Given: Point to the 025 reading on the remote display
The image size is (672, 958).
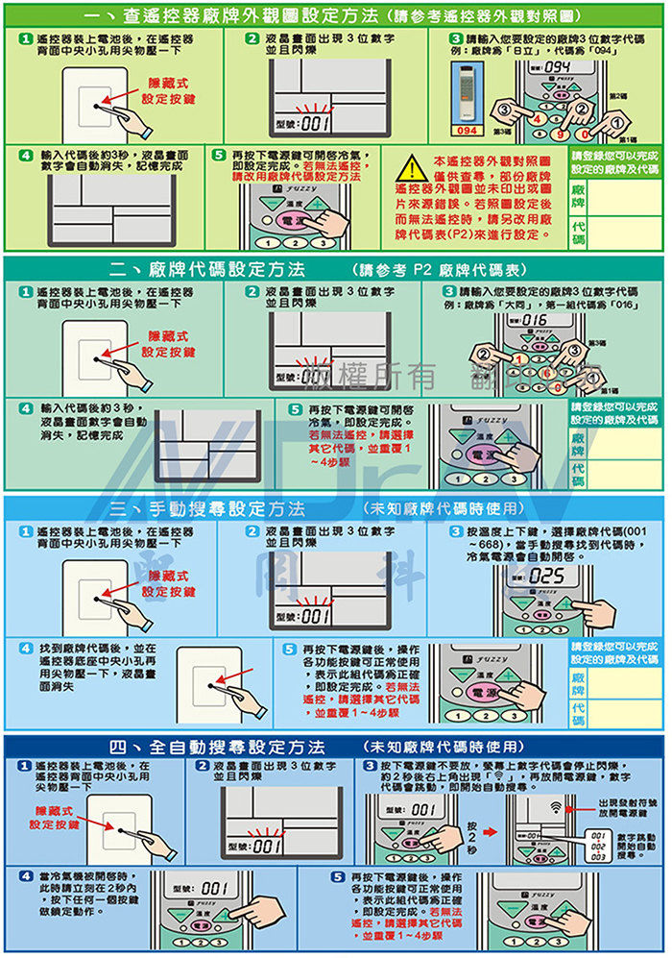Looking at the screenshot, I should pos(545,576).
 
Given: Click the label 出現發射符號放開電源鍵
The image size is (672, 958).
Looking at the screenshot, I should pos(629,806).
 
